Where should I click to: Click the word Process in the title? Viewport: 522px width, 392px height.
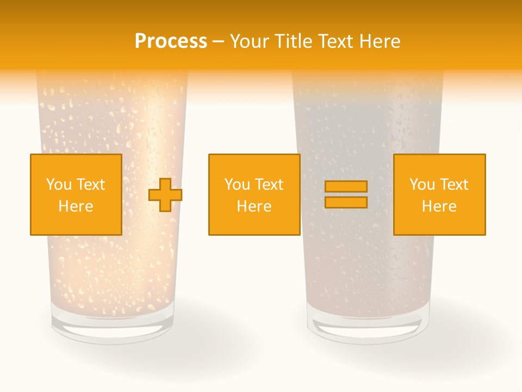(171, 41)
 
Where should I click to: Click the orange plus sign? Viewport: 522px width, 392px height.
(165, 194)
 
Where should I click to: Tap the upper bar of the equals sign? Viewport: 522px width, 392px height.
(346, 186)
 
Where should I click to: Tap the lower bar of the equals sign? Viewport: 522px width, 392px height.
(346, 202)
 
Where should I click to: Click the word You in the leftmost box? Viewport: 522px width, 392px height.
(58, 185)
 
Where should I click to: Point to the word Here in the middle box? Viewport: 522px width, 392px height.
(254, 206)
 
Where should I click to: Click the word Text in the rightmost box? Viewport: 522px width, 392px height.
(455, 185)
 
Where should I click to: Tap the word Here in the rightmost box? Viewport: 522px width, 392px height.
(439, 206)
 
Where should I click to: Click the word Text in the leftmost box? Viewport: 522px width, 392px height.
(90, 185)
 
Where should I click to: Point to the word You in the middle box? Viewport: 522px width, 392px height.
(237, 185)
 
